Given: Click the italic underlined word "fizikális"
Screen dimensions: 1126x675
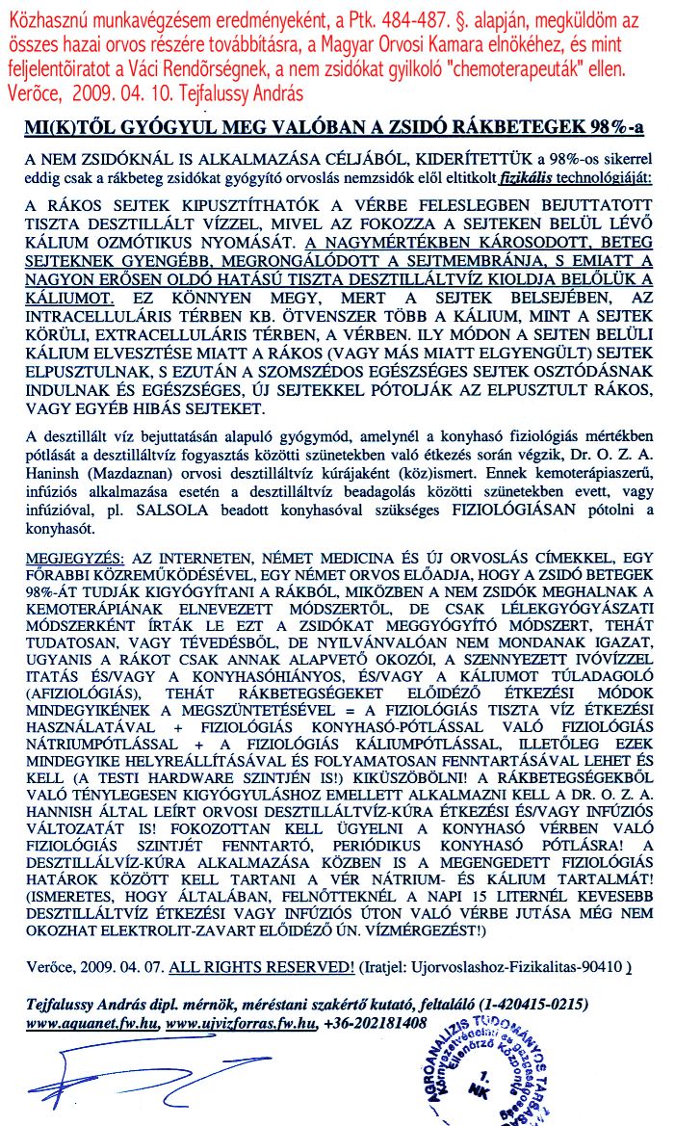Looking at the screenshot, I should pyautogui.click(x=524, y=178).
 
